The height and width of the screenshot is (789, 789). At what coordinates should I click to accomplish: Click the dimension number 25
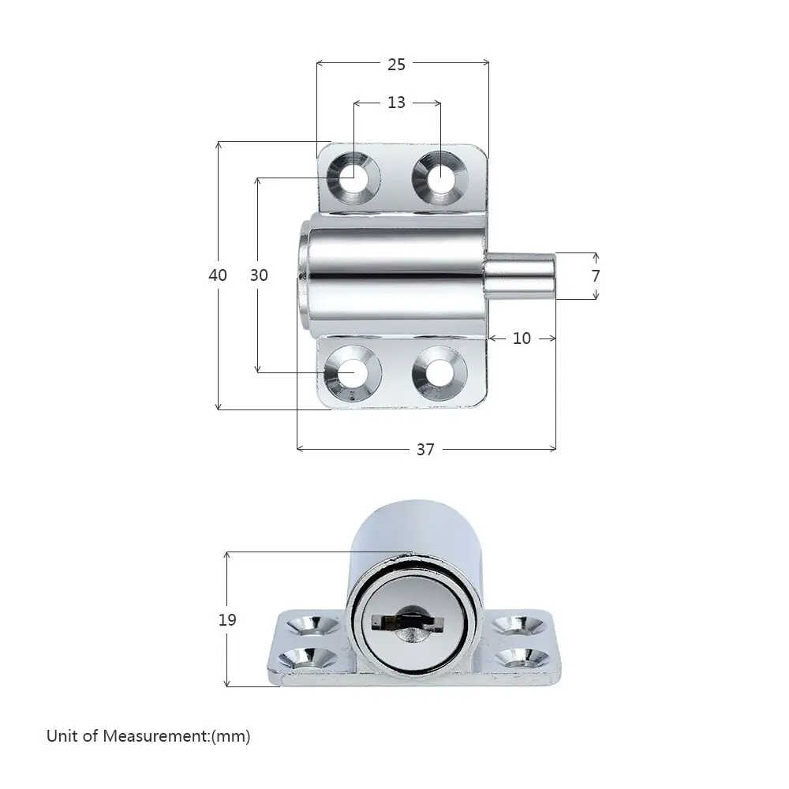coord(397,65)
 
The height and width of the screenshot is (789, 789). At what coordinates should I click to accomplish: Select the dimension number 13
coord(397,102)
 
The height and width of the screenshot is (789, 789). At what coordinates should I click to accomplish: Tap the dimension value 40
coord(218,275)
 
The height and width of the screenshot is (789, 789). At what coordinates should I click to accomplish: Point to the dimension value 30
coord(259,275)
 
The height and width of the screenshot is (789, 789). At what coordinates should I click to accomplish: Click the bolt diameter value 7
coord(596,275)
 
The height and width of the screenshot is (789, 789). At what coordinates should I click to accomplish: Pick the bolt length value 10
coord(522,338)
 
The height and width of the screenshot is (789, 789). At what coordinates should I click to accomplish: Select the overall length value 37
coord(425,450)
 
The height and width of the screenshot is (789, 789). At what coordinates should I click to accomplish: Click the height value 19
coord(227,619)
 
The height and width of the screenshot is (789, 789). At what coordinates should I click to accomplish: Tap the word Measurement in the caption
coord(155,736)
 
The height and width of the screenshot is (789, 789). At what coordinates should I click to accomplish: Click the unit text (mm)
coord(230,737)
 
